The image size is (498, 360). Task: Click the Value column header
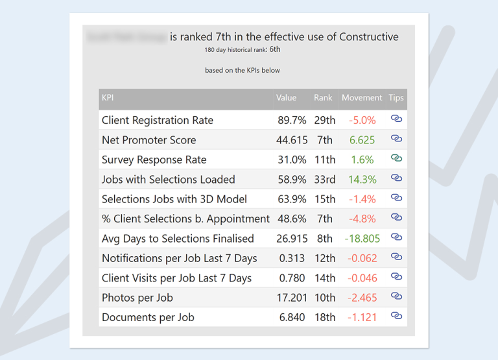286,98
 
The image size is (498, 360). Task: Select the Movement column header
362,98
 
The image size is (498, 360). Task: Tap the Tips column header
396,98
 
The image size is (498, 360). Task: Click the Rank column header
323,98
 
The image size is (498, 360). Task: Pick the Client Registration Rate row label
158,120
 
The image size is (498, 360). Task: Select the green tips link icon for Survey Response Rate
396,159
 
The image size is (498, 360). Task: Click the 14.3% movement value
362,180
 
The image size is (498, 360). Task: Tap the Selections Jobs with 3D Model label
174,199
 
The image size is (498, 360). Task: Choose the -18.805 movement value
362,239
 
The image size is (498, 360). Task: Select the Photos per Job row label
137,298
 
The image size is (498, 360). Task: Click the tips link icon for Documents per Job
396,317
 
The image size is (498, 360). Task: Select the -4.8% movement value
362,219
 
